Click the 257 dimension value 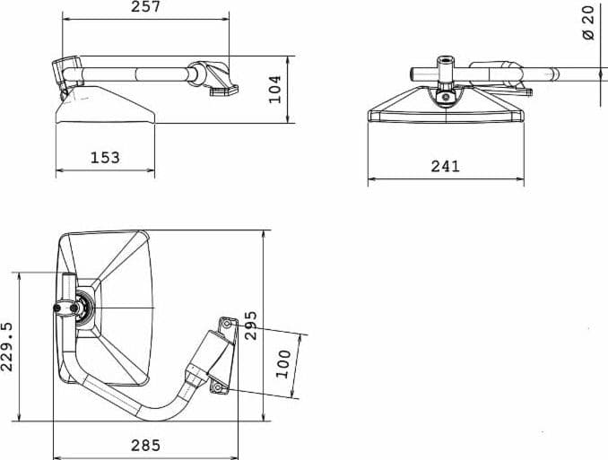145,6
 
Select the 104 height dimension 275,89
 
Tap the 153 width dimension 105,158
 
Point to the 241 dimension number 445,167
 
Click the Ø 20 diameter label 588,22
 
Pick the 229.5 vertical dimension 7,347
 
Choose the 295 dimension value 251,325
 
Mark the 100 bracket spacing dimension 283,364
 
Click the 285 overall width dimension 145,446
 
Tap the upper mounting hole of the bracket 227,323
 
